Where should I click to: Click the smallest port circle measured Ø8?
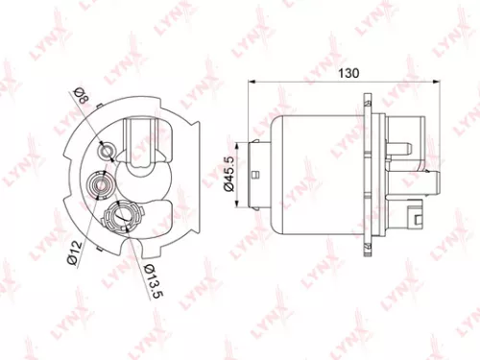pos(108,149)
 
